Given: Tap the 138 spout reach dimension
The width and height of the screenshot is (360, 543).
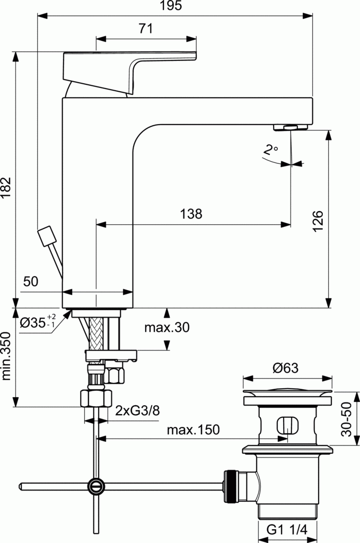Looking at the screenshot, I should click(191, 214).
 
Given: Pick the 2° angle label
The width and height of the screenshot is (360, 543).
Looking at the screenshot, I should click(270, 150).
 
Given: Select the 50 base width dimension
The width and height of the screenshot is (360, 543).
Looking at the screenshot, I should click(31, 282).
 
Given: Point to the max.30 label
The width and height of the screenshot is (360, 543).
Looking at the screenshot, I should click(166, 328).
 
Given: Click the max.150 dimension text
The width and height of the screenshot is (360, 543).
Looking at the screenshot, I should click(193, 430).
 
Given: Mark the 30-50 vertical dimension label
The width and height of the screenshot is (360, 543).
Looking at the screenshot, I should click(347, 419).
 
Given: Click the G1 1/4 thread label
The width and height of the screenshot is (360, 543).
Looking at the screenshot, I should click(286, 530).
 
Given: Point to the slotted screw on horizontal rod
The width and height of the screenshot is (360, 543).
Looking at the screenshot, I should click(96, 486).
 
